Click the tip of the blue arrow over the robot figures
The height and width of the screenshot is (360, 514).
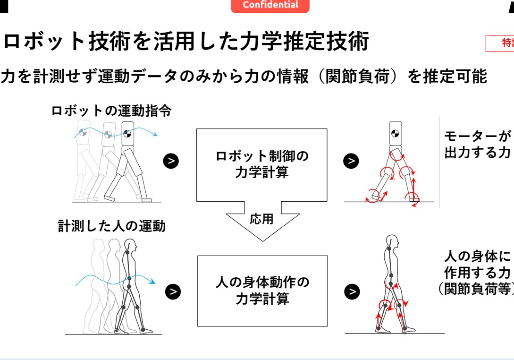point(157,135)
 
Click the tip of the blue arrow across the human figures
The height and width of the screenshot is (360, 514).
point(155,282)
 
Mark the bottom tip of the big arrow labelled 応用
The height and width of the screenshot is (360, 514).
point(262,241)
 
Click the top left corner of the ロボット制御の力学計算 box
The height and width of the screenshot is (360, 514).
point(197,129)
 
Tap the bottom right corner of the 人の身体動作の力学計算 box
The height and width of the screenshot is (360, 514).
point(328,326)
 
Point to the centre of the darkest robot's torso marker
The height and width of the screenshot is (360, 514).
point(127,134)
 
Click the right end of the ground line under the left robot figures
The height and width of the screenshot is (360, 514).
point(161,202)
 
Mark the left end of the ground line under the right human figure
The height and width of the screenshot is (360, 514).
point(345,334)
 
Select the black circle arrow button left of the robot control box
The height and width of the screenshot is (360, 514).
point(171,161)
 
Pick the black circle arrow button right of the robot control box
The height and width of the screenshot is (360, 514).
point(351,161)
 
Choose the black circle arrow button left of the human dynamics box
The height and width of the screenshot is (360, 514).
point(173,292)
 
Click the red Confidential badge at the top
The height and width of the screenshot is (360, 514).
point(270,6)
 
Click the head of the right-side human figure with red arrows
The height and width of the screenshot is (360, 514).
point(392,243)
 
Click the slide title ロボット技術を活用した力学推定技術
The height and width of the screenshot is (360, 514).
point(186,42)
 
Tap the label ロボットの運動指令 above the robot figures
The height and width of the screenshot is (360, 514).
point(111,111)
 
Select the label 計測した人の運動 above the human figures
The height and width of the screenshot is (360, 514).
point(112,226)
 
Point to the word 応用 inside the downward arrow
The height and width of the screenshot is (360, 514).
point(261,219)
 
